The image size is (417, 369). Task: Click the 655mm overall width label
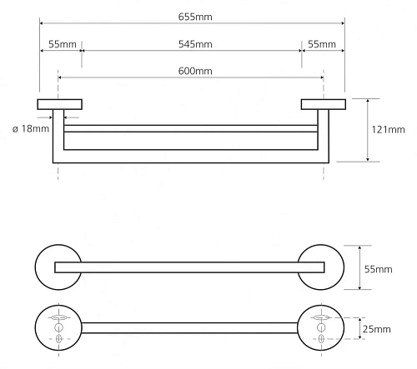click(195, 17)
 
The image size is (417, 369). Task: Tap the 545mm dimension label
click(195, 44)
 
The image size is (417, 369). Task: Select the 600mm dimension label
click(195, 71)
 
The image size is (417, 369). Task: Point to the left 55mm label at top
click(63, 44)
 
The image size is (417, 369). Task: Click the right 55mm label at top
click(322, 44)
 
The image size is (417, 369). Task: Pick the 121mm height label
click(388, 130)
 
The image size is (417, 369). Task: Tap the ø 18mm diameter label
click(31, 129)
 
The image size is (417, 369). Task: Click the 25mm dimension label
click(377, 329)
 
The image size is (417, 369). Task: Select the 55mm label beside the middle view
click(379, 269)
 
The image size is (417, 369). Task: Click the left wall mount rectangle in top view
click(60, 104)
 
